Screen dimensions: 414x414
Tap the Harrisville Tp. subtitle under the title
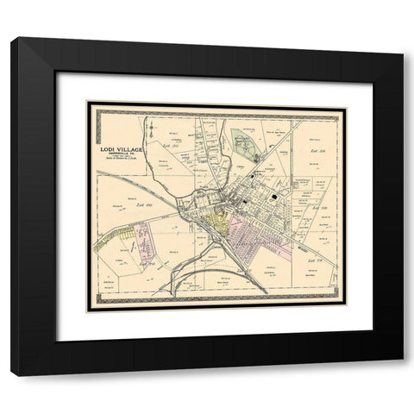click(122, 156)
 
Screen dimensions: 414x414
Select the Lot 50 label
click(170, 147)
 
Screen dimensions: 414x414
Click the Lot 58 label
click(312, 152)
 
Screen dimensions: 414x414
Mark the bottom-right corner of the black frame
click(401, 373)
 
